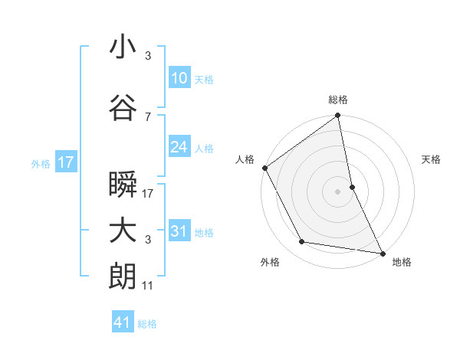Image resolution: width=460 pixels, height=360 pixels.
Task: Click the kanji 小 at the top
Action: pos(123,48)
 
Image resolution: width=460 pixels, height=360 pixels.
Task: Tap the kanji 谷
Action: pos(123,109)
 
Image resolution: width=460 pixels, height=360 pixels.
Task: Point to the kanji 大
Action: pos(123,231)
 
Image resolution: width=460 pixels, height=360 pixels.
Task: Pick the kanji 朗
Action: pos(123,277)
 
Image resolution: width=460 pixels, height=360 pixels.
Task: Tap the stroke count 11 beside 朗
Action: pos(148,286)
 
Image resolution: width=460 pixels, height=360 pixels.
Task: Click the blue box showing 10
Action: pos(179,77)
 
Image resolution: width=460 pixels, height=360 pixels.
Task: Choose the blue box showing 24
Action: pos(179,147)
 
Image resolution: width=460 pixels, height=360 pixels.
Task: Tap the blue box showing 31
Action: pos(179,231)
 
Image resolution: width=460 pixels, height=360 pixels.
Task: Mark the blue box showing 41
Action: pos(123,322)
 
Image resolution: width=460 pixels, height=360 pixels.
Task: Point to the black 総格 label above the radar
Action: pos(337,100)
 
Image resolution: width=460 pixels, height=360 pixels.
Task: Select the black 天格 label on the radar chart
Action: pos(431,159)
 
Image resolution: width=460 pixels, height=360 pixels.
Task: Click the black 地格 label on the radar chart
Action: pos(402,263)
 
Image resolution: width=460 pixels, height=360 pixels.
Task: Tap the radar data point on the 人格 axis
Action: pos(264,168)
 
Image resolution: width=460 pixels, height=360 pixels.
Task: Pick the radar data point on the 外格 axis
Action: pos(301,242)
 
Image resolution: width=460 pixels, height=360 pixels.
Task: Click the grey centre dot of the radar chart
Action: pos(337,191)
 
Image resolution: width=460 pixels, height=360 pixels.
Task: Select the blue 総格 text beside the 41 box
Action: pos(148,324)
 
